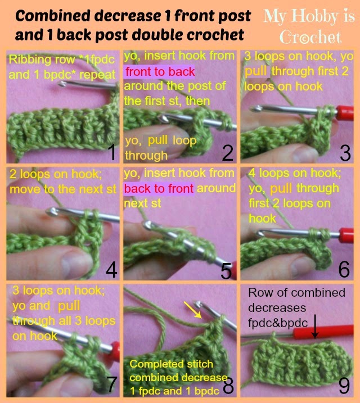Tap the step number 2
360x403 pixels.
227,152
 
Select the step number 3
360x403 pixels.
344,152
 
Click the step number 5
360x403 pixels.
227,271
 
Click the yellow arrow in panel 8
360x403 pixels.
192,310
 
